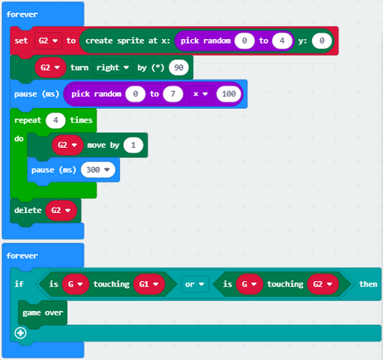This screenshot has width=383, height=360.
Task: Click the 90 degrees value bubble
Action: pyautogui.click(x=178, y=67)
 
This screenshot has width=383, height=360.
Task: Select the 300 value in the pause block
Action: pyautogui.click(x=98, y=170)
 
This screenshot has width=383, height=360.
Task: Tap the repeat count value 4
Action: pyautogui.click(x=56, y=120)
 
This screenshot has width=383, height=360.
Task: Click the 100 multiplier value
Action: pyautogui.click(x=229, y=94)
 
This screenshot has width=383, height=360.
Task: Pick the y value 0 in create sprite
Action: pyautogui.click(x=322, y=41)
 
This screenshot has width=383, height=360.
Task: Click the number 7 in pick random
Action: pyautogui.click(x=173, y=94)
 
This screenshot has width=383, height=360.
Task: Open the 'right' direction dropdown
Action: pyautogui.click(x=113, y=67)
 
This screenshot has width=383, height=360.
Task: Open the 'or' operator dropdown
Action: pyautogui.click(x=195, y=284)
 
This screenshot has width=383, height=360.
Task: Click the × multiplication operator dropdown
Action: pyautogui.click(x=201, y=94)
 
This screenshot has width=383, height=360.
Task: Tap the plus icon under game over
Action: pyautogui.click(x=21, y=333)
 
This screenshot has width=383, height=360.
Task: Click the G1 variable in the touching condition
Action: pyautogui.click(x=149, y=284)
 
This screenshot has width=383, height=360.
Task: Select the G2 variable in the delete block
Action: pyautogui.click(x=61, y=211)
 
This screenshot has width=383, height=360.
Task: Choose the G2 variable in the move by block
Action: pyautogui.click(x=67, y=145)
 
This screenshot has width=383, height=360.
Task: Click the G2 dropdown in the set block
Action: pyautogui.click(x=48, y=41)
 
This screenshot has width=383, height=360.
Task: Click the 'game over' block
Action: pyautogui.click(x=43, y=313)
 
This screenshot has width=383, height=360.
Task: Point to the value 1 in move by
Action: pyautogui.click(x=133, y=145)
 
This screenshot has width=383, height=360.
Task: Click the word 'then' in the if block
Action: pyautogui.click(x=368, y=284)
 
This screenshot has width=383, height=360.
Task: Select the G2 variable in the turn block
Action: pyautogui.click(x=51, y=67)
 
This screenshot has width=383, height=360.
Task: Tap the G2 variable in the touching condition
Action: pyautogui.click(x=323, y=284)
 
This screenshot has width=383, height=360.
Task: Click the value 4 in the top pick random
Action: pyautogui.click(x=282, y=41)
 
